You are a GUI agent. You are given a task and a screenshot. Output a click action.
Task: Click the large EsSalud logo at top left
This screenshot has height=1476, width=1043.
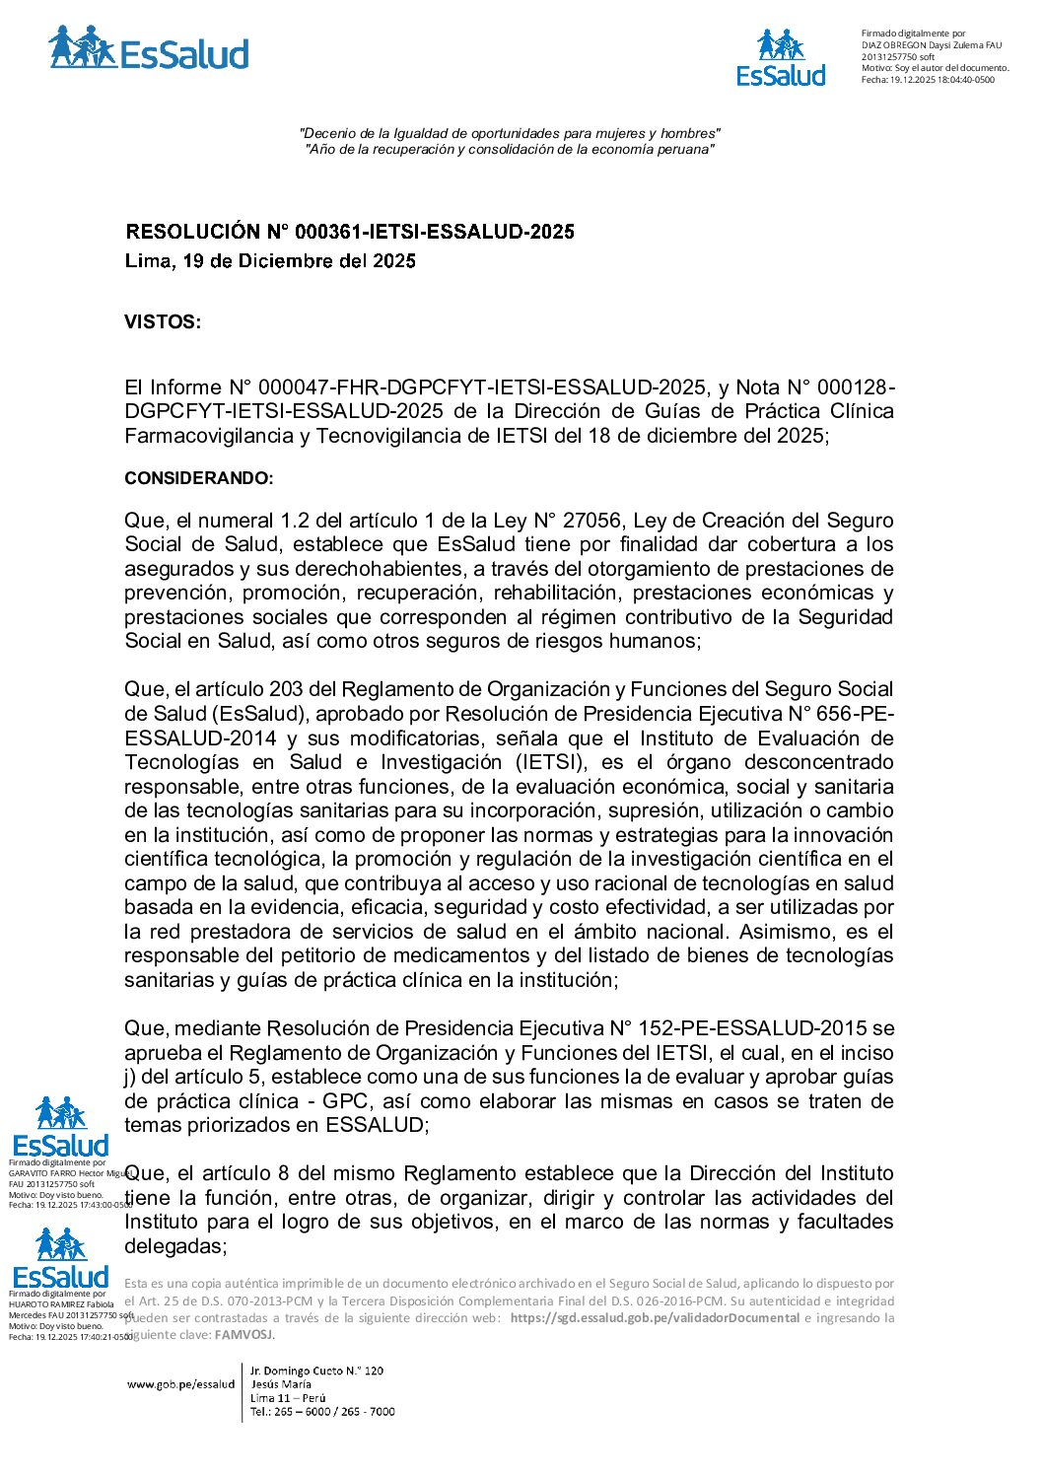coord(148,49)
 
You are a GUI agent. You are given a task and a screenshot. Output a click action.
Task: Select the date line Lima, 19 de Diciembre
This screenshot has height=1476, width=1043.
coord(270,261)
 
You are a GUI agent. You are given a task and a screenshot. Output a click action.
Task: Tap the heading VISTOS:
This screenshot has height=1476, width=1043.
coord(163,322)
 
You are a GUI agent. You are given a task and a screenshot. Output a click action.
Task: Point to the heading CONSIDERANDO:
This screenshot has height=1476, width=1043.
coord(198,478)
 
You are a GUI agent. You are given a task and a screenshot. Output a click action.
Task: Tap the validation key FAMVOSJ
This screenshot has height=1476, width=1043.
coord(243,1335)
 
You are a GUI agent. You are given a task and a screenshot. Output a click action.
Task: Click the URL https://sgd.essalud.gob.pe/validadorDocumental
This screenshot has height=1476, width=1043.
coord(655,1318)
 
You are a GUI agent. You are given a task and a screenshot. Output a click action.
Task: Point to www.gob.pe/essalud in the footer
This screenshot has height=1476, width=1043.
coord(180,1384)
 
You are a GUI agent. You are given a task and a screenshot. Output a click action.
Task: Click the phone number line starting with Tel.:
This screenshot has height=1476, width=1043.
coord(322,1412)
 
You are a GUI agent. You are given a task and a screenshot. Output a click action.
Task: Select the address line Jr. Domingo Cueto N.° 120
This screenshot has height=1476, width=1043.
coord(316,1371)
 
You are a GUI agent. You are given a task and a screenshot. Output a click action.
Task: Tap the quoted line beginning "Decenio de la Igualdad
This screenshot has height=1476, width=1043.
coord(509,133)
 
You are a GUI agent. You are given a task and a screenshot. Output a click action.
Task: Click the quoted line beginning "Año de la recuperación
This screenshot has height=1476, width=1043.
coord(509,150)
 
